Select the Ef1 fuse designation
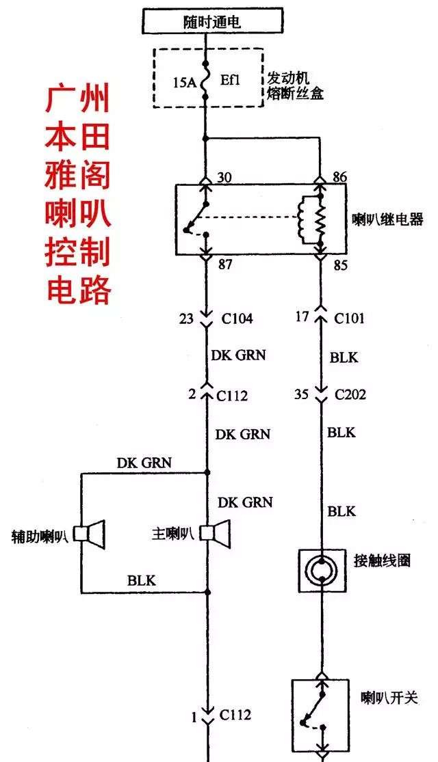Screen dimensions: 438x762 coord(230,79)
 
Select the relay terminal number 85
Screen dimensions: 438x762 coord(339,266)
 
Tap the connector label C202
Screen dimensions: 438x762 coord(350,394)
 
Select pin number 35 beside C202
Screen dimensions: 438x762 coord(302,394)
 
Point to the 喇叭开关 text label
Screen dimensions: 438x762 coord(389,699)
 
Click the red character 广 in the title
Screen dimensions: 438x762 coord(58,100)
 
